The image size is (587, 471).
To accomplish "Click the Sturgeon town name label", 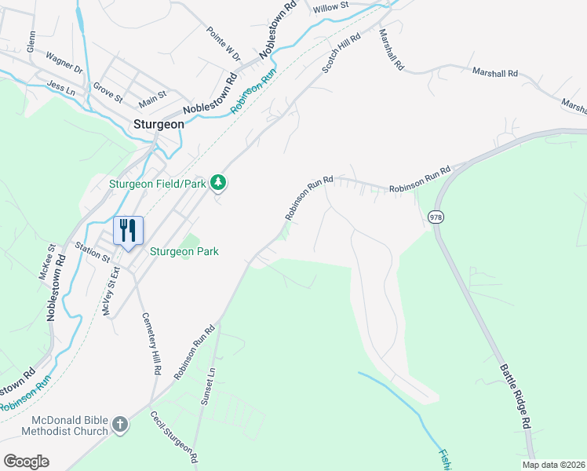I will click(x=159, y=124).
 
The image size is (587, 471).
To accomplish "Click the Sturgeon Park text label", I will click(x=184, y=252).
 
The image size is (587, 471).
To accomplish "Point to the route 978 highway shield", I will click(x=436, y=216).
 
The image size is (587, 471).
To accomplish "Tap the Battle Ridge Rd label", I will click(x=512, y=396).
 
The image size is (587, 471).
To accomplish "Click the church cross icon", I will click(x=119, y=425).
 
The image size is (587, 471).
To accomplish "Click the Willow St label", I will click(x=330, y=7).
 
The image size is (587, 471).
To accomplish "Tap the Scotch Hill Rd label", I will click(x=341, y=53).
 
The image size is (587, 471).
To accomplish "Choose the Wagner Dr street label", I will click(x=64, y=62).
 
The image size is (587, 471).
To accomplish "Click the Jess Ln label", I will click(x=61, y=87).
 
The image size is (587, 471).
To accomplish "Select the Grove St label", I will click(x=108, y=93).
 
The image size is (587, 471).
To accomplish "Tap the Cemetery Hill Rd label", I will click(x=151, y=344).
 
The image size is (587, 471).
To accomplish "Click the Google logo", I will click(x=27, y=462).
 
